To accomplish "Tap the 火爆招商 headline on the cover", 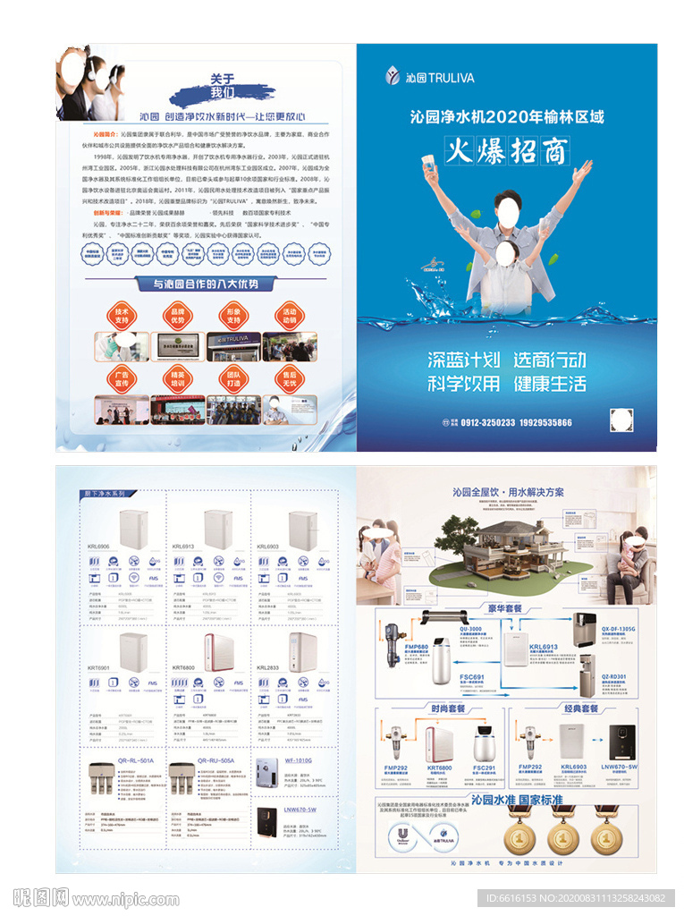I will coord(507,151).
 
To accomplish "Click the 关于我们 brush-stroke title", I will coord(223,85).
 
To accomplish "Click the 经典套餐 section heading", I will coord(580,708).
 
